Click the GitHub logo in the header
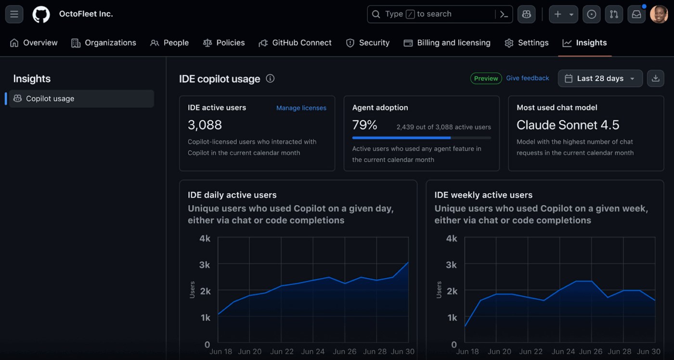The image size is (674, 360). coord(41,14)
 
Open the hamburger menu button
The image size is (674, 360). coord(14,14)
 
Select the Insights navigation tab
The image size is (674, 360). coord(584,43)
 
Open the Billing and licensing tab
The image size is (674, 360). coord(447,43)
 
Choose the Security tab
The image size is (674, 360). coord(368,43)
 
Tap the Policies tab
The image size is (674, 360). coord(224,43)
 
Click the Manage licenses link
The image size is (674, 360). coord(301,108)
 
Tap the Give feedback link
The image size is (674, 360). coord(527,78)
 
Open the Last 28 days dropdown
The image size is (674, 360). coord(600,78)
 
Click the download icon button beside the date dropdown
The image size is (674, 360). coord(655,78)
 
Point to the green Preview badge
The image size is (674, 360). coord(486,78)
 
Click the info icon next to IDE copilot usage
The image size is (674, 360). coord(270,78)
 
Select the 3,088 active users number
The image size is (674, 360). coord(205,125)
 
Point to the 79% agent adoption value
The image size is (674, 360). coord(364,125)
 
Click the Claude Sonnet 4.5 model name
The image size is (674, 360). coord(568,125)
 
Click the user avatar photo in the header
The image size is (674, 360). coord(659,14)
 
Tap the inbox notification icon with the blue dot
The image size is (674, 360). coord(636,14)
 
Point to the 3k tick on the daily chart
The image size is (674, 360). coord(205,265)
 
